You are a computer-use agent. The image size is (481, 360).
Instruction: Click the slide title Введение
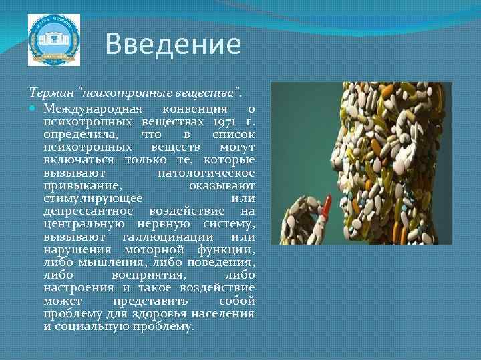[173, 45]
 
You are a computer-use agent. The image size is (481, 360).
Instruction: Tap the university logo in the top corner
[53, 40]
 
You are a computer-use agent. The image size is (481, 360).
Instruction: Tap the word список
[233, 135]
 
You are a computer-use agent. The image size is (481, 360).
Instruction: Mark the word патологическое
[206, 173]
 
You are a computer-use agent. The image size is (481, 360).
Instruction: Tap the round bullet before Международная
[35, 109]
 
